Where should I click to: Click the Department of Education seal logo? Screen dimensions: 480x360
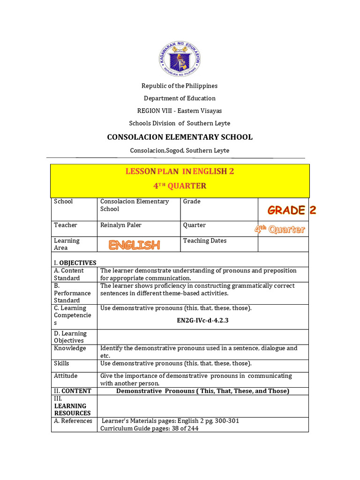[x=180, y=60]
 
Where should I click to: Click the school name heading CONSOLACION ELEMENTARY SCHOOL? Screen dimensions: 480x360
[x=180, y=137]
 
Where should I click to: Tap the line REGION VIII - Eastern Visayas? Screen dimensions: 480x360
[x=180, y=111]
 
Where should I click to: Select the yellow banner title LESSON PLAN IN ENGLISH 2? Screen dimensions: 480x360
[x=180, y=172]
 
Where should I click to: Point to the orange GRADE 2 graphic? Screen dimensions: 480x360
[x=292, y=210]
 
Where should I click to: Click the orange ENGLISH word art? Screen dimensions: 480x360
[x=135, y=245]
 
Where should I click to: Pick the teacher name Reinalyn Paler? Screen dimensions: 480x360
[x=121, y=225]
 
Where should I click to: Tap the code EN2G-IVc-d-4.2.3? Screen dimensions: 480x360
[x=202, y=321]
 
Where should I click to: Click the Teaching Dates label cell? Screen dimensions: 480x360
[x=205, y=240]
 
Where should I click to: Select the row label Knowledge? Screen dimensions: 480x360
[x=70, y=348]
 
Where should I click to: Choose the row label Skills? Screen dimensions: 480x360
[x=61, y=363]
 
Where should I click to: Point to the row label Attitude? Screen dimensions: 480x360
[x=66, y=375]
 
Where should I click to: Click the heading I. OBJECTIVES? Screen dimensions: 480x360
[x=75, y=262]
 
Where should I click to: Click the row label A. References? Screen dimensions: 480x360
[x=73, y=420]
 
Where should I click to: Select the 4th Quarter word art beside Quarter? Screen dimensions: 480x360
[x=279, y=229]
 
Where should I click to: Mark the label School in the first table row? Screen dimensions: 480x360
[x=63, y=201]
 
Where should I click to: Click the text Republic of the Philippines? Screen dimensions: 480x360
[x=180, y=86]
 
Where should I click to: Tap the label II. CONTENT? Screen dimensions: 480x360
[x=73, y=390]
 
